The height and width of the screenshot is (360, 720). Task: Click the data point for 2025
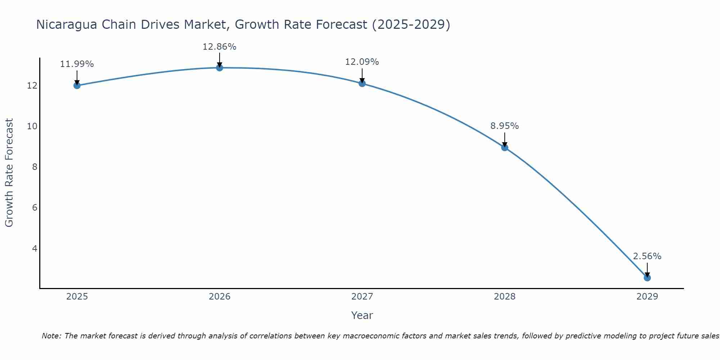coord(77,85)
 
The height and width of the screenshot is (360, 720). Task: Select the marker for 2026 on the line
coord(219,68)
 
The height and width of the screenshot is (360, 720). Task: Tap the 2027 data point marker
coord(362,84)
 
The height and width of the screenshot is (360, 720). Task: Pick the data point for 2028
coord(504,147)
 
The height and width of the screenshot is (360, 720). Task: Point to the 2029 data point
coord(647,278)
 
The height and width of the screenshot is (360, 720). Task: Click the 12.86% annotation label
coord(219,47)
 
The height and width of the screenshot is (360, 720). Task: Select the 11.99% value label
coord(77,64)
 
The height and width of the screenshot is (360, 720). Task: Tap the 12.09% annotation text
coord(362,62)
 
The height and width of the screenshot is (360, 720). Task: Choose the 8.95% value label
coord(504,126)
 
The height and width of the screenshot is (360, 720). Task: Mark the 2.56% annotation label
coord(647,256)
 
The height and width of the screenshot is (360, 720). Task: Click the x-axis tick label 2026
coord(219,297)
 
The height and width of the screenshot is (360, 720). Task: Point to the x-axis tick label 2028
coord(504,297)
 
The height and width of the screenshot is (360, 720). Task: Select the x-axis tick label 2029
coord(647,297)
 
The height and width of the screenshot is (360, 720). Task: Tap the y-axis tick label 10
coord(32,126)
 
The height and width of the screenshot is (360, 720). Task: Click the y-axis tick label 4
coord(35,248)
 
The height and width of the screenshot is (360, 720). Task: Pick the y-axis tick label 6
coord(35,208)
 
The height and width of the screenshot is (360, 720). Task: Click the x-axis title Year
coord(362,315)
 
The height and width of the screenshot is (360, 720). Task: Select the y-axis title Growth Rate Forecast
coord(9,173)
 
